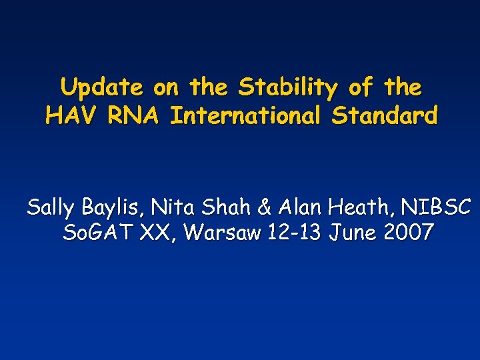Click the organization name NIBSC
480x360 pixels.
click(434, 207)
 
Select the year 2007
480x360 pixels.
click(412, 233)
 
